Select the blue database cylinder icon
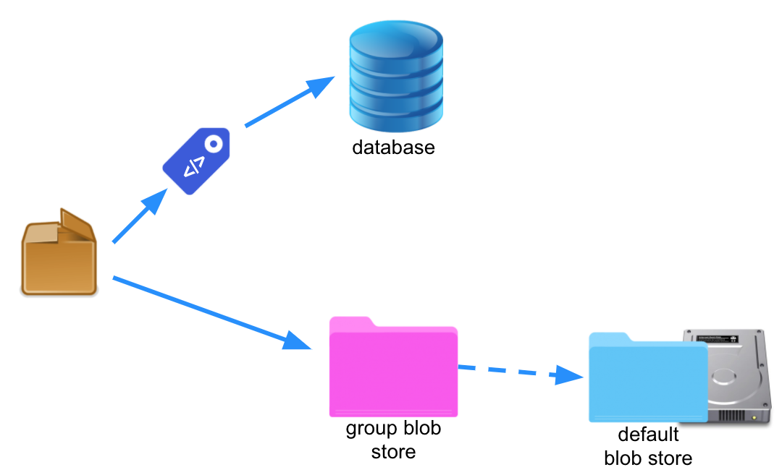point(395,73)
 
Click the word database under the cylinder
point(393,148)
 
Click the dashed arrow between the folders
point(518,372)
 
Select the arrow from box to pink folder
point(210,311)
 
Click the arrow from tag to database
point(290,102)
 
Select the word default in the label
point(648,435)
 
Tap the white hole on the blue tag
point(214,143)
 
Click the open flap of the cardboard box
point(76,224)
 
